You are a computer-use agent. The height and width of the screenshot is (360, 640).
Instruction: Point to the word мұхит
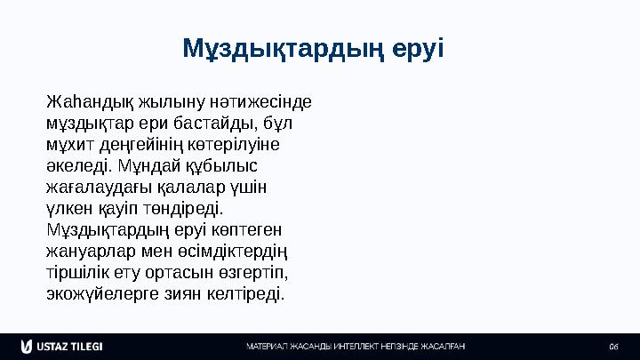[x=66, y=143]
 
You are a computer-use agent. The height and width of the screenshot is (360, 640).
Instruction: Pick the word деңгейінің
[x=132, y=143]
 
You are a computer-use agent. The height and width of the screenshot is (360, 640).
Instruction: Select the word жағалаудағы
[x=96, y=187]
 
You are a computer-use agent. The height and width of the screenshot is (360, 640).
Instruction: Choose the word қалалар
[x=185, y=187]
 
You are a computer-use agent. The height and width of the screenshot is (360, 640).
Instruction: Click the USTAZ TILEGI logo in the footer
[x=62, y=345]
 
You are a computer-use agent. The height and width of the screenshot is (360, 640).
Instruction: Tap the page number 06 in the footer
[x=613, y=346]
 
